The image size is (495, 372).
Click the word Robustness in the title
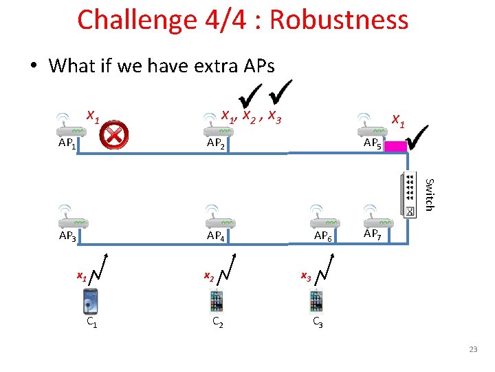click(339, 20)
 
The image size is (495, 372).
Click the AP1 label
click(67, 144)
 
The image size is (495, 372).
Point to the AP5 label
click(373, 143)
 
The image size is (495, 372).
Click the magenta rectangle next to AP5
click(397, 145)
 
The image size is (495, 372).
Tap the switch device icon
click(409, 196)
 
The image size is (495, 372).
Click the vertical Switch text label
click(429, 194)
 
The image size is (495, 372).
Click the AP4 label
click(217, 236)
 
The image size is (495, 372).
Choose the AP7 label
click(373, 234)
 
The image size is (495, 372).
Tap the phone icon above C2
click(217, 302)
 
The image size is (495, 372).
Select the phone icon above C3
click(316, 302)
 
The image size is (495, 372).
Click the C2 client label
click(217, 322)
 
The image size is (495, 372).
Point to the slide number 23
click(472, 350)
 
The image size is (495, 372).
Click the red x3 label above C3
click(306, 277)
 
